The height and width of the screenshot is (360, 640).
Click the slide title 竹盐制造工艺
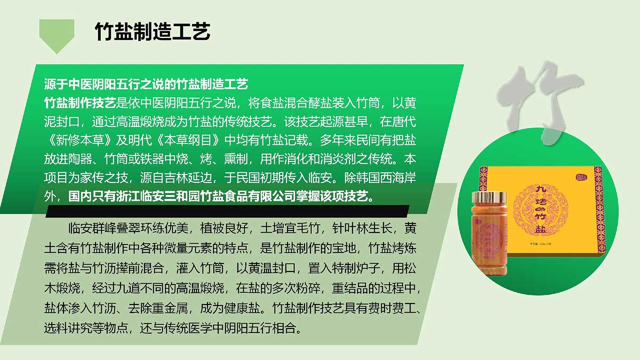click(153, 31)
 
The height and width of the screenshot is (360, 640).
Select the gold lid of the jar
click(489, 197)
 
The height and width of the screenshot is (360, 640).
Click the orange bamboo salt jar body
click(489, 238)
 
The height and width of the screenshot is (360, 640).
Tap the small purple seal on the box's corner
click(581, 178)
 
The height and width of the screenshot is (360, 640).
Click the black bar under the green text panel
click(227, 211)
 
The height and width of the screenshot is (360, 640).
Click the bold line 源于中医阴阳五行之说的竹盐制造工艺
click(146, 84)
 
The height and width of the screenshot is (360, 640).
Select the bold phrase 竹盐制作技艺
click(80, 103)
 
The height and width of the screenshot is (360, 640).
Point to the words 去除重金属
click(158, 308)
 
